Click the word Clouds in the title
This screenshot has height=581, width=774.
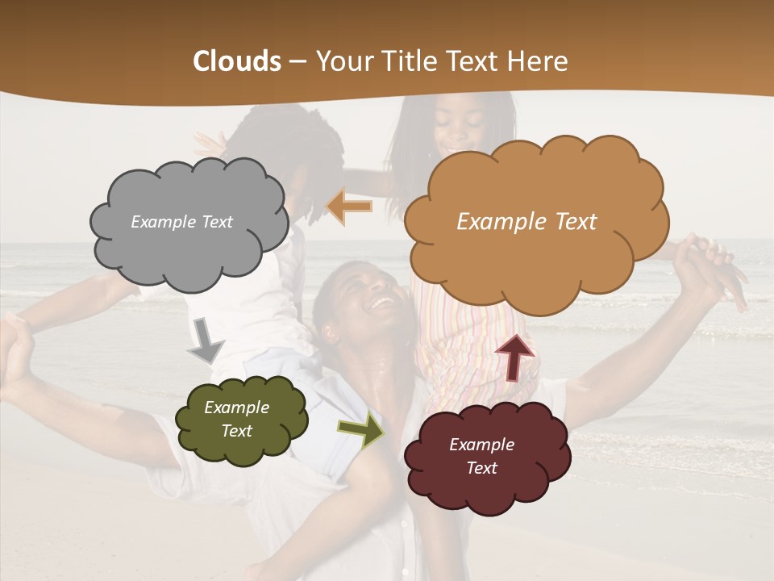click(x=237, y=61)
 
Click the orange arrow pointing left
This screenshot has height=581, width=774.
click(x=350, y=207)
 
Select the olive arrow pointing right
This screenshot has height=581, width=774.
click(x=361, y=428)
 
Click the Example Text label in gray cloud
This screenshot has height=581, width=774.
click(x=181, y=222)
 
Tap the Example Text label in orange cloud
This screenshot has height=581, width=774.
click(x=526, y=222)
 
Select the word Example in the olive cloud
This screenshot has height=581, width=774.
click(x=236, y=408)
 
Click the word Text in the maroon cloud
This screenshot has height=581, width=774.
click(x=481, y=468)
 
